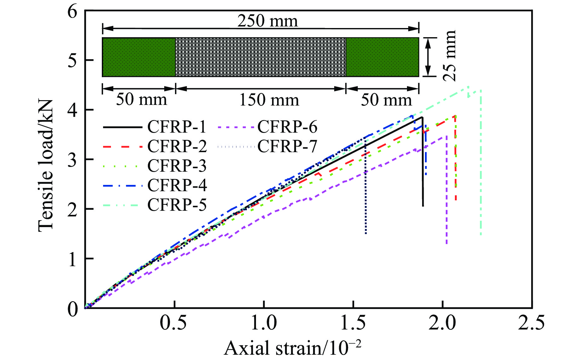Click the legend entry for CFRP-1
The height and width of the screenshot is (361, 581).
[x=177, y=127]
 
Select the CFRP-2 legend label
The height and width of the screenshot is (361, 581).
[x=177, y=146]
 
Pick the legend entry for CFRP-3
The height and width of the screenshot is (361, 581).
[x=177, y=166]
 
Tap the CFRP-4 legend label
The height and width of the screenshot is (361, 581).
[x=177, y=186]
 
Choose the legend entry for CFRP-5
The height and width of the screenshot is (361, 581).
[x=177, y=205]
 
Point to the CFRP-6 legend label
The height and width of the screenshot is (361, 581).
[x=287, y=127]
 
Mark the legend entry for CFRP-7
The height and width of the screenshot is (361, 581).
[x=287, y=146]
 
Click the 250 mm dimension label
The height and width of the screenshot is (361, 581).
[x=267, y=21]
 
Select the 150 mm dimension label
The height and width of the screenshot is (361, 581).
[x=269, y=100]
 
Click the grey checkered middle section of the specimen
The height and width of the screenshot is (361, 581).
[x=260, y=57]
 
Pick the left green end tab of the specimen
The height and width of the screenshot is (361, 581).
[x=139, y=57]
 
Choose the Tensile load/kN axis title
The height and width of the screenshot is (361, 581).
[x=46, y=166]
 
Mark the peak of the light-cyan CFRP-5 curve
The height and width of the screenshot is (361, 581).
[x=468, y=87]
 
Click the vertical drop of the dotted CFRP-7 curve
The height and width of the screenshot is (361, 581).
[x=365, y=189]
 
